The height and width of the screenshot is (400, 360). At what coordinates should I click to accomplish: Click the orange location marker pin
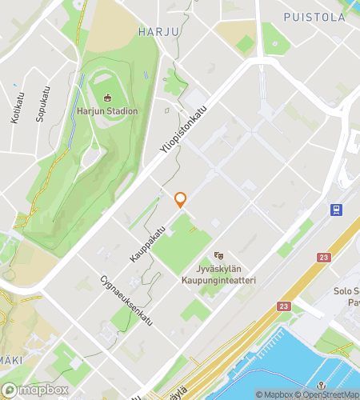(181, 199)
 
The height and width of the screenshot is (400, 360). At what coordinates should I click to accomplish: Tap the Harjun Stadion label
(107, 111)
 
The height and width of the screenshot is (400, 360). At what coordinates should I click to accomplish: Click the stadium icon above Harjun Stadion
(107, 98)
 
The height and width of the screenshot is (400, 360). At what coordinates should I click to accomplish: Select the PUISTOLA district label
(314, 16)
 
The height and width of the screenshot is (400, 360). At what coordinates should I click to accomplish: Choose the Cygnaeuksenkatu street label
(126, 306)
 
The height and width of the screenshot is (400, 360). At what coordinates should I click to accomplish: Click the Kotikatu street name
(15, 108)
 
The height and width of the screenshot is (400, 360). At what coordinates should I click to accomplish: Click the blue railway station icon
(337, 210)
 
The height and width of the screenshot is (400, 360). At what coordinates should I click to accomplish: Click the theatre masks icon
(219, 255)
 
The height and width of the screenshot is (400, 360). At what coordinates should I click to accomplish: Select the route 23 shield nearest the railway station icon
(323, 257)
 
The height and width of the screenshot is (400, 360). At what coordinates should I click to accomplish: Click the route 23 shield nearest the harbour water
(284, 306)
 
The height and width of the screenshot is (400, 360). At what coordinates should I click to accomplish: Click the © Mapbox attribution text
(274, 394)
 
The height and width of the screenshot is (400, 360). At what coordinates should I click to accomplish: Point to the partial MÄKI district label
(10, 360)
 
